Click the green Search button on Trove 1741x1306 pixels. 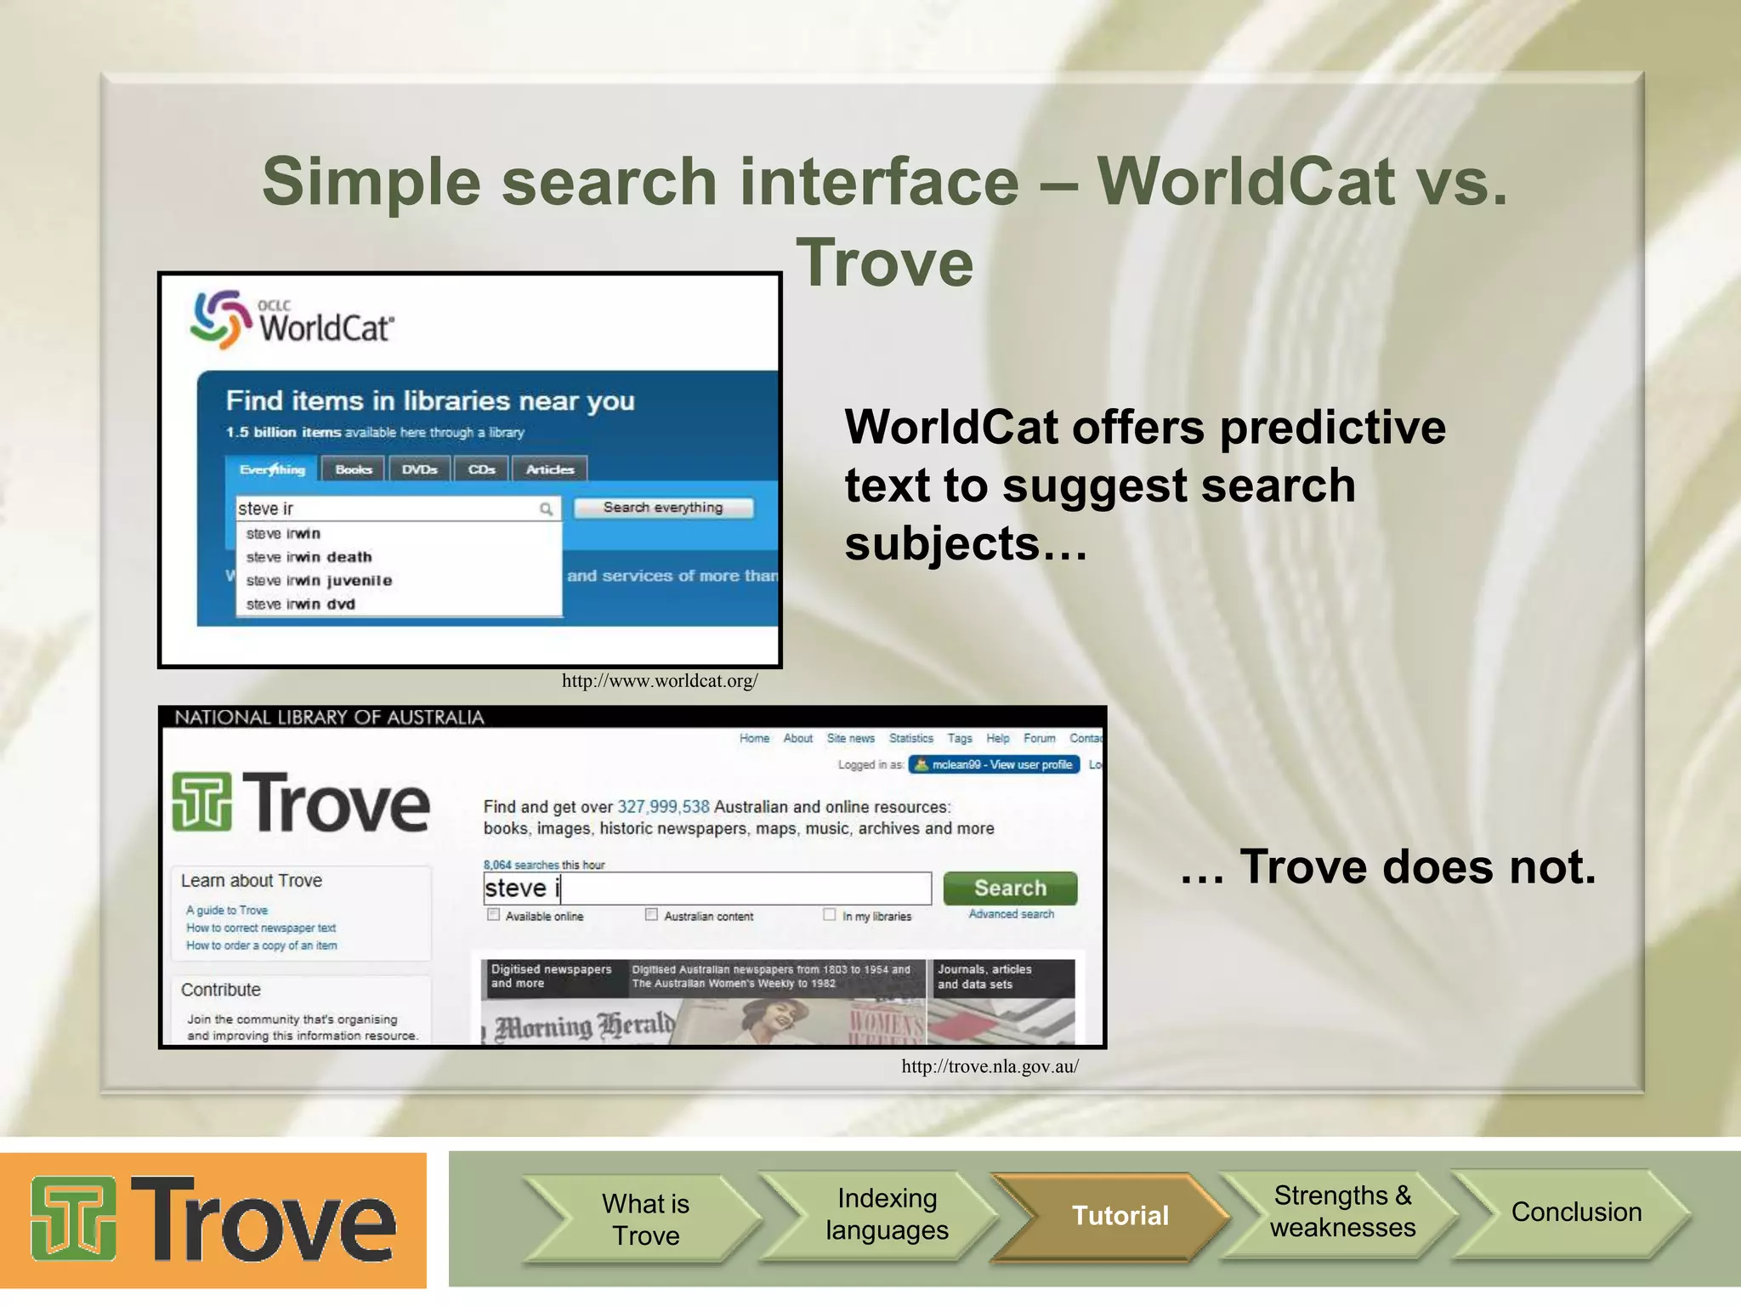1010,889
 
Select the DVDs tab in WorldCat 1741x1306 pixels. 419,469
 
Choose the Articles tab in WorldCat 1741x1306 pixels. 550,469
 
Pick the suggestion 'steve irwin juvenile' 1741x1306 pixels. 319,581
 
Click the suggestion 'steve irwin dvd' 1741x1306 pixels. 300,605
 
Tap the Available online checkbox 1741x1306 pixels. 493,915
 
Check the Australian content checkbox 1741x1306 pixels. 651,915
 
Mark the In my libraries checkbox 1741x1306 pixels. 830,915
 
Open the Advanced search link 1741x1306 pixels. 1011,914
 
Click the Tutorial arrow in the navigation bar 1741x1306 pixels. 1120,1216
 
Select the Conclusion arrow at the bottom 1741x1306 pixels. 1575,1212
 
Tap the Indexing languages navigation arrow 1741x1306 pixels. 886,1214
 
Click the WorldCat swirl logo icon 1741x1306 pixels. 220,319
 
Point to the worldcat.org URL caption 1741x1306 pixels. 660,681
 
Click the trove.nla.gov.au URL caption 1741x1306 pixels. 990,1066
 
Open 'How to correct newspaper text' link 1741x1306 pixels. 261,928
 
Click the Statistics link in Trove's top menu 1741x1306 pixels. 910,738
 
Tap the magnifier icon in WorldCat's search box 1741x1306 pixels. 546,508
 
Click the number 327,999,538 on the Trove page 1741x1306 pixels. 663,807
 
